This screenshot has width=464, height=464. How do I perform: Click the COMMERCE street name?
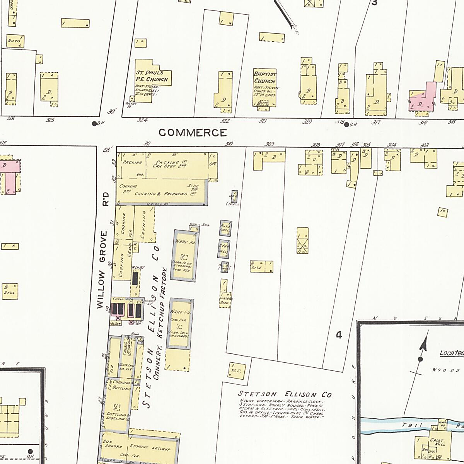click(193, 133)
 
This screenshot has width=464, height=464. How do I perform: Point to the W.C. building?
click(236, 371)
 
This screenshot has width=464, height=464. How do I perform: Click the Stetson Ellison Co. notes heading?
click(285, 395)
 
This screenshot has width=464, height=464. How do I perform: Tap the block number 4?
click(339, 335)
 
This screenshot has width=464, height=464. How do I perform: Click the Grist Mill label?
click(437, 442)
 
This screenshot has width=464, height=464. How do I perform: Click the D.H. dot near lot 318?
click(346, 125)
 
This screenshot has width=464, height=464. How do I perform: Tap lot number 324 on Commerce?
click(142, 120)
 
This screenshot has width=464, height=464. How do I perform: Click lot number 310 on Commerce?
click(229, 144)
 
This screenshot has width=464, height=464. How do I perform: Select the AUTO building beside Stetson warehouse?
click(225, 228)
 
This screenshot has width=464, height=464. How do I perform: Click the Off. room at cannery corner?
click(213, 164)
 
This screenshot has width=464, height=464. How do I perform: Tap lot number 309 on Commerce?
click(270, 144)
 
